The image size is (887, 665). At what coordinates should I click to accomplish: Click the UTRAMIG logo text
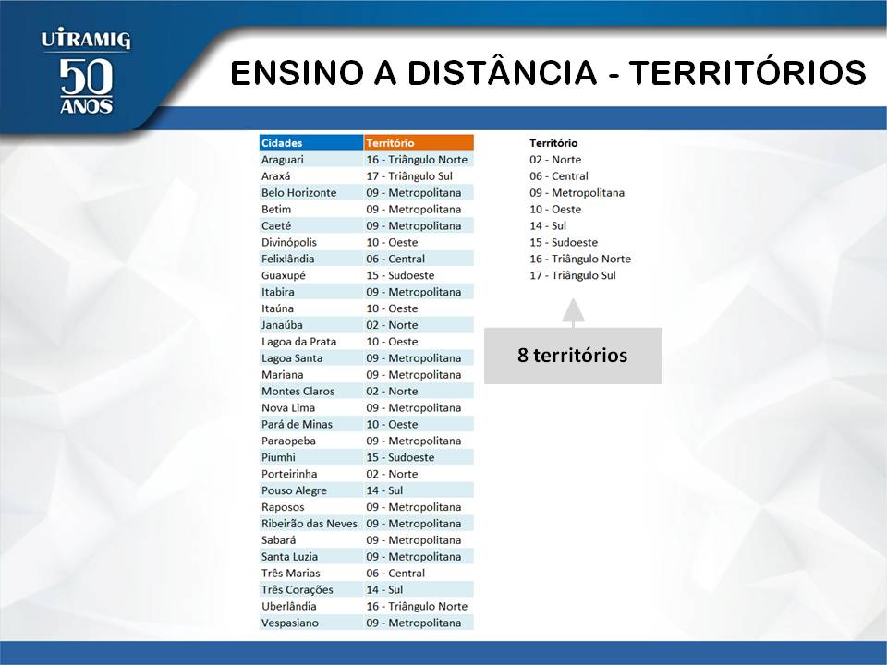(x=85, y=40)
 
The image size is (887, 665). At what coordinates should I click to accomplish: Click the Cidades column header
(x=311, y=142)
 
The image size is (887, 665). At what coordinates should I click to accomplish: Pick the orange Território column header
(x=419, y=142)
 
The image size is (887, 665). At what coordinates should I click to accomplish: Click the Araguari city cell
(x=311, y=160)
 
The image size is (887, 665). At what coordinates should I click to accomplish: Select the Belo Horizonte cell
(x=311, y=192)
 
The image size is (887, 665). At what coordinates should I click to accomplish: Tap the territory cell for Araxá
(x=419, y=175)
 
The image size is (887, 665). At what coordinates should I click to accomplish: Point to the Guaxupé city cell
(x=311, y=275)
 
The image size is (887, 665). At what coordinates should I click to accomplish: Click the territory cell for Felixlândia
(x=419, y=259)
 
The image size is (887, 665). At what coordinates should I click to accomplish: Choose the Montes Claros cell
(x=311, y=391)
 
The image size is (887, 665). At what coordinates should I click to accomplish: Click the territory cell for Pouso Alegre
(x=419, y=490)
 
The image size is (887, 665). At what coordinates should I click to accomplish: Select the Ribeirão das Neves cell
(x=311, y=523)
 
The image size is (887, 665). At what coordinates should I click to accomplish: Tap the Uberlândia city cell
(x=311, y=606)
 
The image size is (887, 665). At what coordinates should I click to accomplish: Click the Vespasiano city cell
(x=311, y=623)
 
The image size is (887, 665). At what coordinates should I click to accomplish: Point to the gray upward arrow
(x=573, y=313)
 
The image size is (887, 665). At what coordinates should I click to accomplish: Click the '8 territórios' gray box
(x=573, y=356)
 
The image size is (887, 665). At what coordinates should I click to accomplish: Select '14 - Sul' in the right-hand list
(x=548, y=225)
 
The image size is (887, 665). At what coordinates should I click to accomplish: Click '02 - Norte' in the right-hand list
(x=555, y=160)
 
